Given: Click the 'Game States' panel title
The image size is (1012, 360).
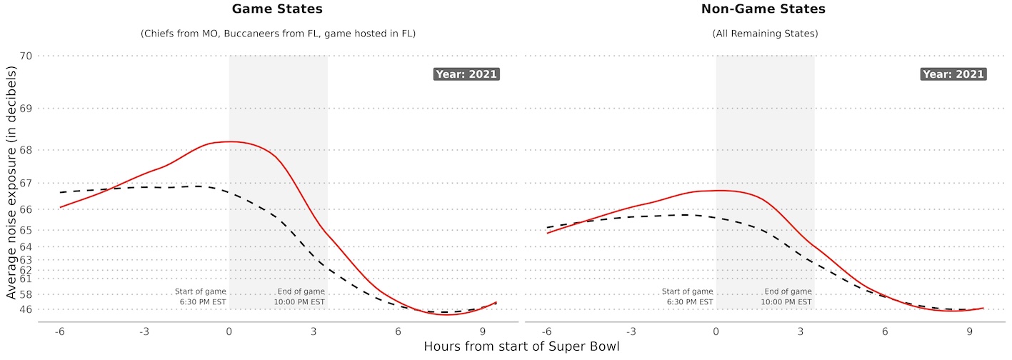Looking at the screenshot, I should (277, 9).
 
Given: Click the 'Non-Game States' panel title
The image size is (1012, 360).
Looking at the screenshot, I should (764, 9).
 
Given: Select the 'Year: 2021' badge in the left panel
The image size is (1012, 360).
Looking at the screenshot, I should (466, 74).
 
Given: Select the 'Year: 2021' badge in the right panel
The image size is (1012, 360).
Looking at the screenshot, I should (953, 74).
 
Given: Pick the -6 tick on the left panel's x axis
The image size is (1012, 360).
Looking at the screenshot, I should (60, 332).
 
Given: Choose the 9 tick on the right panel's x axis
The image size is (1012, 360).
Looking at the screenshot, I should (969, 332).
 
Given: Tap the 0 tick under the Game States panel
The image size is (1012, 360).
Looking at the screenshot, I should (229, 332).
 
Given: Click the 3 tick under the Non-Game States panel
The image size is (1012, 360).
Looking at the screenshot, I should (800, 332).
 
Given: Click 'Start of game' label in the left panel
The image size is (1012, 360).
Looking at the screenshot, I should (201, 291).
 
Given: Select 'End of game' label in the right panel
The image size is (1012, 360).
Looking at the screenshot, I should (788, 291).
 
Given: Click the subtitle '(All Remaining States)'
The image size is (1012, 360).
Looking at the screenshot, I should (764, 34).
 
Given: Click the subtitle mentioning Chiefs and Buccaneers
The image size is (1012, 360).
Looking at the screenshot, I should (277, 34).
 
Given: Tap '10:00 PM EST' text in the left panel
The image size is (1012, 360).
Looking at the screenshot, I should (299, 302).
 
